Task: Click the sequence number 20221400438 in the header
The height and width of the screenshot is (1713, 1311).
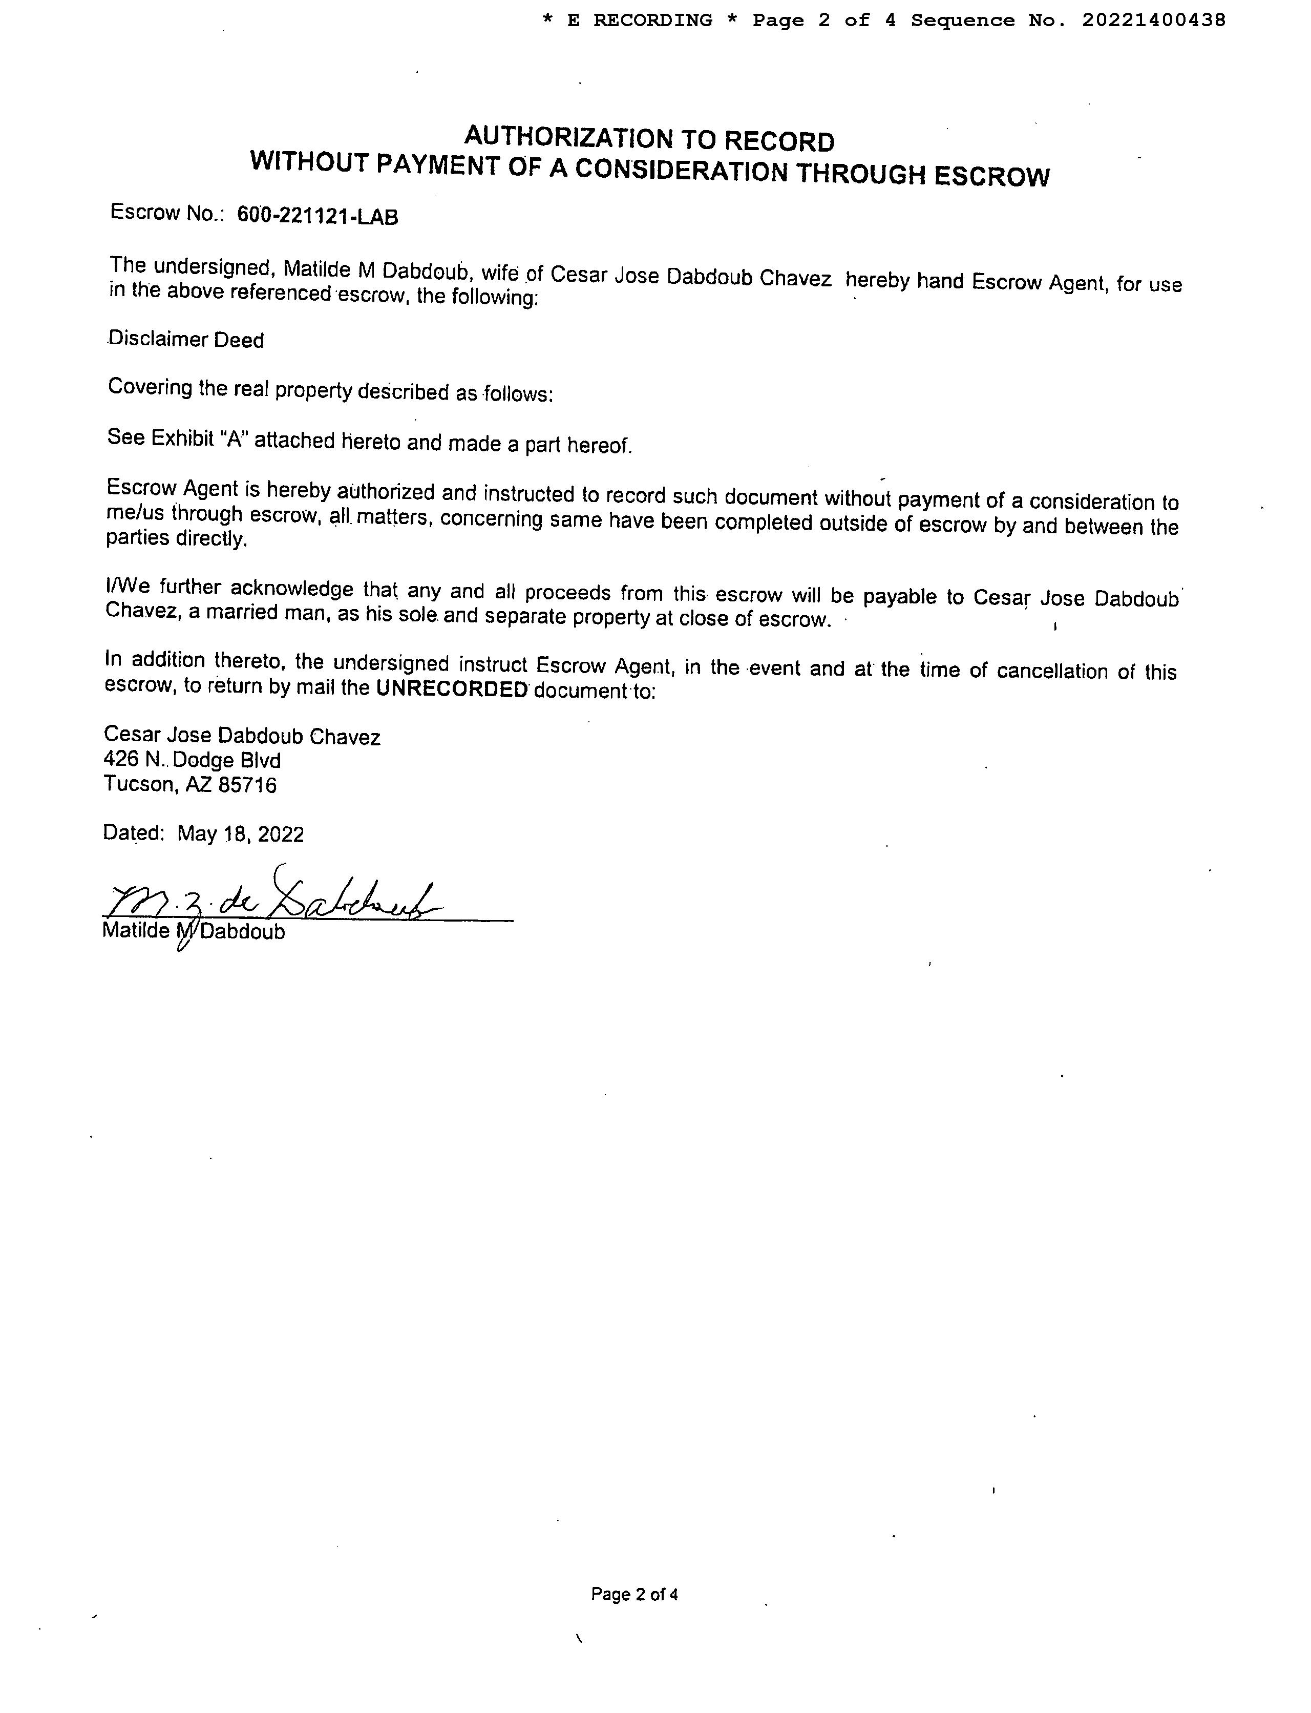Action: coord(1153,20)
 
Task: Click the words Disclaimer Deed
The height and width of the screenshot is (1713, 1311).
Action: coord(186,340)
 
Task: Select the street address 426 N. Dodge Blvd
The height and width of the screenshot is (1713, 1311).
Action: coord(192,760)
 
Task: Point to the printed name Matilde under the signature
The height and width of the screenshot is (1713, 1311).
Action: coord(136,931)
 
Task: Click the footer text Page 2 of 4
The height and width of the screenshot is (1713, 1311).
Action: coord(633,1594)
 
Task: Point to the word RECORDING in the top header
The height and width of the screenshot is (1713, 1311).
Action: coord(652,20)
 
